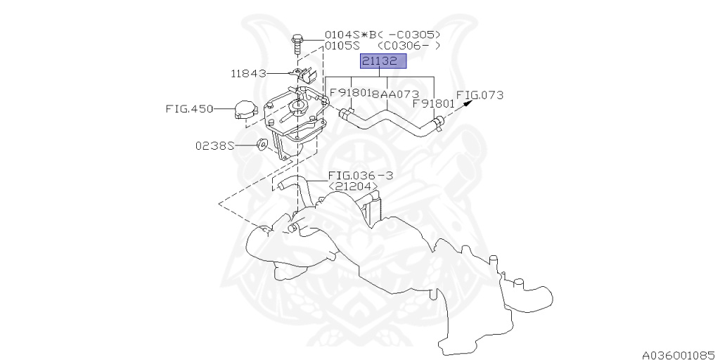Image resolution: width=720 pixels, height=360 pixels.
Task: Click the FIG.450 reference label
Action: point(188,109)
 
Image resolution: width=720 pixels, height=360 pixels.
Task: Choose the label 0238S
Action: point(214,146)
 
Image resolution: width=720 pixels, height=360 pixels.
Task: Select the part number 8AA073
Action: point(395,94)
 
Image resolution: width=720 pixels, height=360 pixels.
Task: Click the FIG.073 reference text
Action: point(480,94)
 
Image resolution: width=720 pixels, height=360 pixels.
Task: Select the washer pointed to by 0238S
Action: point(262,144)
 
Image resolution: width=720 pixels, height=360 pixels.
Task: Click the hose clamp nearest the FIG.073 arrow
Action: point(439,125)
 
